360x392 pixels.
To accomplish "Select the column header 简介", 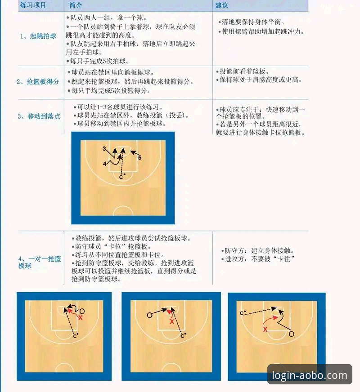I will [76, 5].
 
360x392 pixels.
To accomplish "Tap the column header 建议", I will [222, 5].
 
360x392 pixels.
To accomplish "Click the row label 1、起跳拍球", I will [38, 36].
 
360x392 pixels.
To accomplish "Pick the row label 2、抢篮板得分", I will [38, 81].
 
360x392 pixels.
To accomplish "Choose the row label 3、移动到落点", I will [39, 116].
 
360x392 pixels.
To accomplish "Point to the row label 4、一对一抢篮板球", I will [40, 262].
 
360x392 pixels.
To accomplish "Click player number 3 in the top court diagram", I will [104, 149].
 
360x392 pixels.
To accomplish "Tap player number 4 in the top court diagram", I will [104, 164].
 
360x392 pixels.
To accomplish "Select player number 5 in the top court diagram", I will [139, 158].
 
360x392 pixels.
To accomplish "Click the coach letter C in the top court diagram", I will [121, 177].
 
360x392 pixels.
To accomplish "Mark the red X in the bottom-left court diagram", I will [81, 317].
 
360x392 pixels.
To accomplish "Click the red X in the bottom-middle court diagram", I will [171, 322].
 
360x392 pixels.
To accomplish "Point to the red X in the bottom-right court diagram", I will [265, 329].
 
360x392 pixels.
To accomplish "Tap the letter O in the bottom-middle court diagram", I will [149, 315].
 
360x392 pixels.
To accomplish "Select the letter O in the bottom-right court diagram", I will [291, 334].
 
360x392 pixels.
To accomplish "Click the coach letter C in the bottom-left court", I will [75, 335].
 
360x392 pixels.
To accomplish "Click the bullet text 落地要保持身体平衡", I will [254, 22].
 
